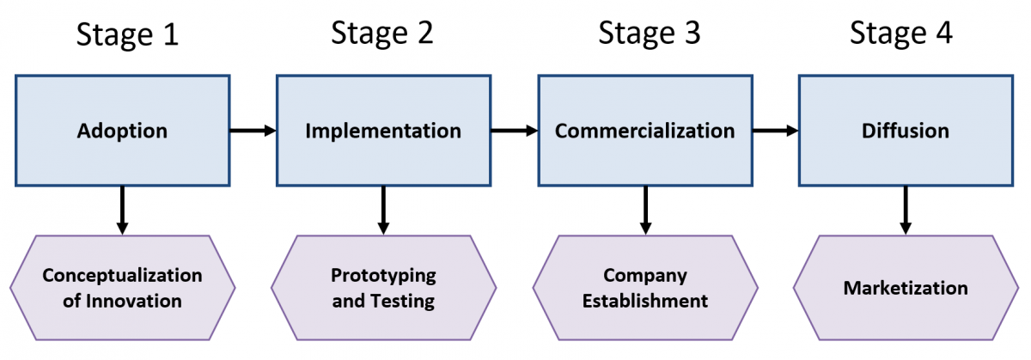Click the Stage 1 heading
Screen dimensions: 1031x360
(x=127, y=35)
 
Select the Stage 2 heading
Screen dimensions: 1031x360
(x=382, y=34)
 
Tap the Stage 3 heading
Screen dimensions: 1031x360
(x=649, y=34)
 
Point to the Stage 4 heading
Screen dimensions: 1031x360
(x=900, y=34)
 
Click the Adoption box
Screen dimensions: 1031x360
(x=122, y=131)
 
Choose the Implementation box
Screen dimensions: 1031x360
(x=383, y=131)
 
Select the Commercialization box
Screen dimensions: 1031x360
(x=645, y=131)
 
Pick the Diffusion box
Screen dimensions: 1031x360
(x=906, y=131)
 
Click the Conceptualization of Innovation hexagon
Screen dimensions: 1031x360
(x=122, y=288)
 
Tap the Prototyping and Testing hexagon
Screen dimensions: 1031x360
(x=383, y=288)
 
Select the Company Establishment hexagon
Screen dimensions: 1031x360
(x=645, y=288)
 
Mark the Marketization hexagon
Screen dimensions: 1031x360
(x=906, y=288)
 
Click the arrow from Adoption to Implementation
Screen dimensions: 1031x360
(x=253, y=131)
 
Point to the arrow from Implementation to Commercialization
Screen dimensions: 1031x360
(x=515, y=131)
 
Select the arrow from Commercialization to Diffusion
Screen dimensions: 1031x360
(x=776, y=131)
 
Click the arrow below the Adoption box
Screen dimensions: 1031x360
(x=122, y=211)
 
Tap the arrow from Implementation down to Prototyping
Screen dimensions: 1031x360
(x=383, y=211)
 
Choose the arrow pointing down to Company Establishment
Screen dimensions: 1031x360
(x=645, y=211)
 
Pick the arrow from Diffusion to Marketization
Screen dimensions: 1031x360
(x=906, y=211)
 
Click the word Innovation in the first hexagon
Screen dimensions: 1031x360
(x=134, y=301)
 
